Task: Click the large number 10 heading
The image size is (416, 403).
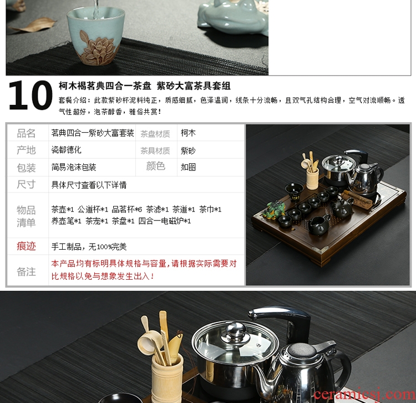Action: click(x=31, y=95)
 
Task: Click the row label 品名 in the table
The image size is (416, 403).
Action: click(x=26, y=133)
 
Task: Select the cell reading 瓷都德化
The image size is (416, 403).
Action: click(x=67, y=150)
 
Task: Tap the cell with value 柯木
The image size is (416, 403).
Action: click(x=188, y=133)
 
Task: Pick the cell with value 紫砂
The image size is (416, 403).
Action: click(x=188, y=150)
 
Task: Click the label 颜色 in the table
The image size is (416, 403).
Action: click(x=156, y=166)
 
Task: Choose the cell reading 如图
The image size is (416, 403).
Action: click(x=188, y=167)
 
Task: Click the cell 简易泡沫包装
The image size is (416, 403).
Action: click(x=74, y=167)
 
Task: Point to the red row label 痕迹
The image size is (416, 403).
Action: click(x=26, y=246)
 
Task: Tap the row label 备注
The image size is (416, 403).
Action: click(x=26, y=271)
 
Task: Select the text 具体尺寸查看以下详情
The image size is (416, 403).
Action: click(x=89, y=185)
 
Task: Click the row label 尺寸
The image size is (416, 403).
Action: click(x=26, y=184)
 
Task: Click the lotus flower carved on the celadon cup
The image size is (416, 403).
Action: click(x=98, y=48)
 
